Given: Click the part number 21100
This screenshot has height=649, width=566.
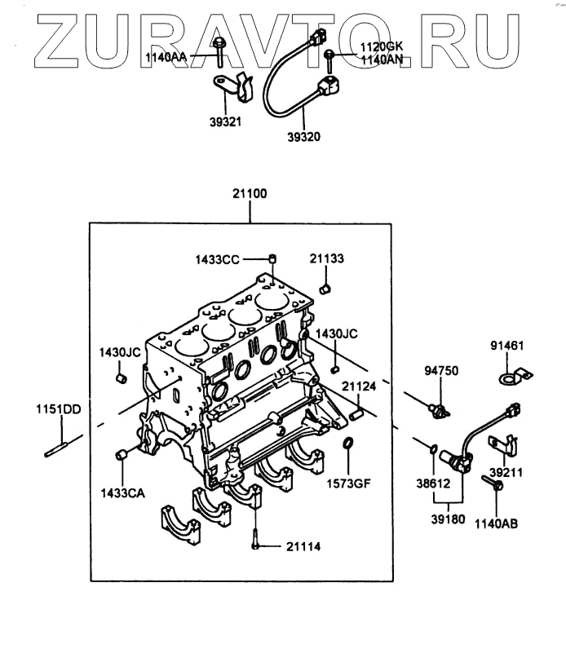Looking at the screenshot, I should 250,195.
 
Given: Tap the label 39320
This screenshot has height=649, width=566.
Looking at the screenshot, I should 303,136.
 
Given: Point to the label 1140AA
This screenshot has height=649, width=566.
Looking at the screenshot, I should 167,58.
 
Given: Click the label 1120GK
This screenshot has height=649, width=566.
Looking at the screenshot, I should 382,49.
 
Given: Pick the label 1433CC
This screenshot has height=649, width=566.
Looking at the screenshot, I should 217,259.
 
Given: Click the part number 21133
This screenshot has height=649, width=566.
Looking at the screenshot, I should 326,258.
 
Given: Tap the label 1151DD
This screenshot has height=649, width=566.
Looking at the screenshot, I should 57,408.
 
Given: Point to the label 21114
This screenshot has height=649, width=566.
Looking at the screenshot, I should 303,545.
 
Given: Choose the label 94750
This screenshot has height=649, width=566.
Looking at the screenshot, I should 441,371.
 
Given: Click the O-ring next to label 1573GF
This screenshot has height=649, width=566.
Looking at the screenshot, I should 348,444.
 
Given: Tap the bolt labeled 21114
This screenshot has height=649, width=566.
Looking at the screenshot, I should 256,539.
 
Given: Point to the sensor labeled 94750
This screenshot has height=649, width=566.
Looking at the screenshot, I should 439,408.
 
